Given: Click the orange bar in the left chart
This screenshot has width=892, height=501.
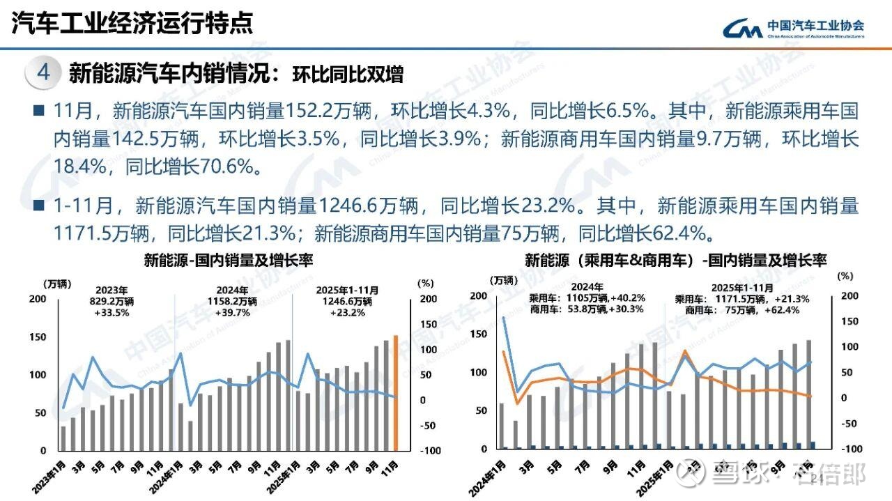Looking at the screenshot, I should tap(396, 393).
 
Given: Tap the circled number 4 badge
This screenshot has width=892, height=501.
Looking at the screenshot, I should tap(43, 72).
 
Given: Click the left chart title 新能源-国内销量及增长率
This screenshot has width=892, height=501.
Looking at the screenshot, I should tap(229, 261).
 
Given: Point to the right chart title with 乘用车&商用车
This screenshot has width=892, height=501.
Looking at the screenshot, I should tap(675, 261).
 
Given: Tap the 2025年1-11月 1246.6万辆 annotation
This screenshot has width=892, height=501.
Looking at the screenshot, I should tap(347, 301).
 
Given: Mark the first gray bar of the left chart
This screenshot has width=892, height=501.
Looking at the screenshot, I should tap(63, 438).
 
